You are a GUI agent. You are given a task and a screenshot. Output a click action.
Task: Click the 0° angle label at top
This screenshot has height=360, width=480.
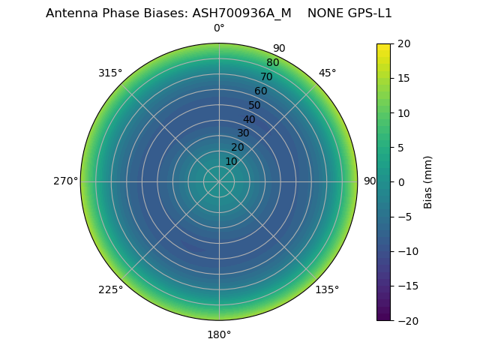[219, 28]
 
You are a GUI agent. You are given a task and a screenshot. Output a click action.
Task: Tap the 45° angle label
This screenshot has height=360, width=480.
[327, 73]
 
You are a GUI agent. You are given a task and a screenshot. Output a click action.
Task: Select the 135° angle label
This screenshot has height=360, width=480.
[327, 289]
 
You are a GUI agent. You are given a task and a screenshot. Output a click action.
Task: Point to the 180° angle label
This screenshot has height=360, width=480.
[219, 334]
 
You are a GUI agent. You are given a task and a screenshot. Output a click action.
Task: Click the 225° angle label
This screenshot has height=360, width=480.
[110, 289]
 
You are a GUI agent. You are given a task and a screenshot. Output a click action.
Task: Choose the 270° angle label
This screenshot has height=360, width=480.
[65, 181]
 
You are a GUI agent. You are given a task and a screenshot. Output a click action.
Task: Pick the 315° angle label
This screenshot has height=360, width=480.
[110, 73]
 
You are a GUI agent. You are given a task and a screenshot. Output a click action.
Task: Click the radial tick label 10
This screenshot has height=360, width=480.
[231, 161]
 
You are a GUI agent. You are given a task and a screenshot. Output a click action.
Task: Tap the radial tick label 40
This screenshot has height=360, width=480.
[249, 119]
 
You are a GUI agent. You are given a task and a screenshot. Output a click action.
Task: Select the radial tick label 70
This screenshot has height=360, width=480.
[266, 76]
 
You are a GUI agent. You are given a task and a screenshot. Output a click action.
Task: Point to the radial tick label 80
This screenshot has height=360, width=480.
[272, 62]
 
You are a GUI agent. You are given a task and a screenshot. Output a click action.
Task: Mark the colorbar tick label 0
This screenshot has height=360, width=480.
[400, 181]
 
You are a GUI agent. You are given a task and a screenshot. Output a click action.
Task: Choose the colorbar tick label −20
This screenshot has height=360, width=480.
[405, 320]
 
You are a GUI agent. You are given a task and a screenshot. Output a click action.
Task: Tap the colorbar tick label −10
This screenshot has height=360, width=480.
[405, 251]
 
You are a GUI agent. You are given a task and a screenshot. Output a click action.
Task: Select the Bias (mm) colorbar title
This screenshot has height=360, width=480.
[428, 181]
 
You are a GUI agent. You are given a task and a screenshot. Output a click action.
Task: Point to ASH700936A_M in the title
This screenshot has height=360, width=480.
[242, 13]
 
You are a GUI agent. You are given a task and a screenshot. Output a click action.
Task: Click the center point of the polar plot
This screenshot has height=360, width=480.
[219, 181]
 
